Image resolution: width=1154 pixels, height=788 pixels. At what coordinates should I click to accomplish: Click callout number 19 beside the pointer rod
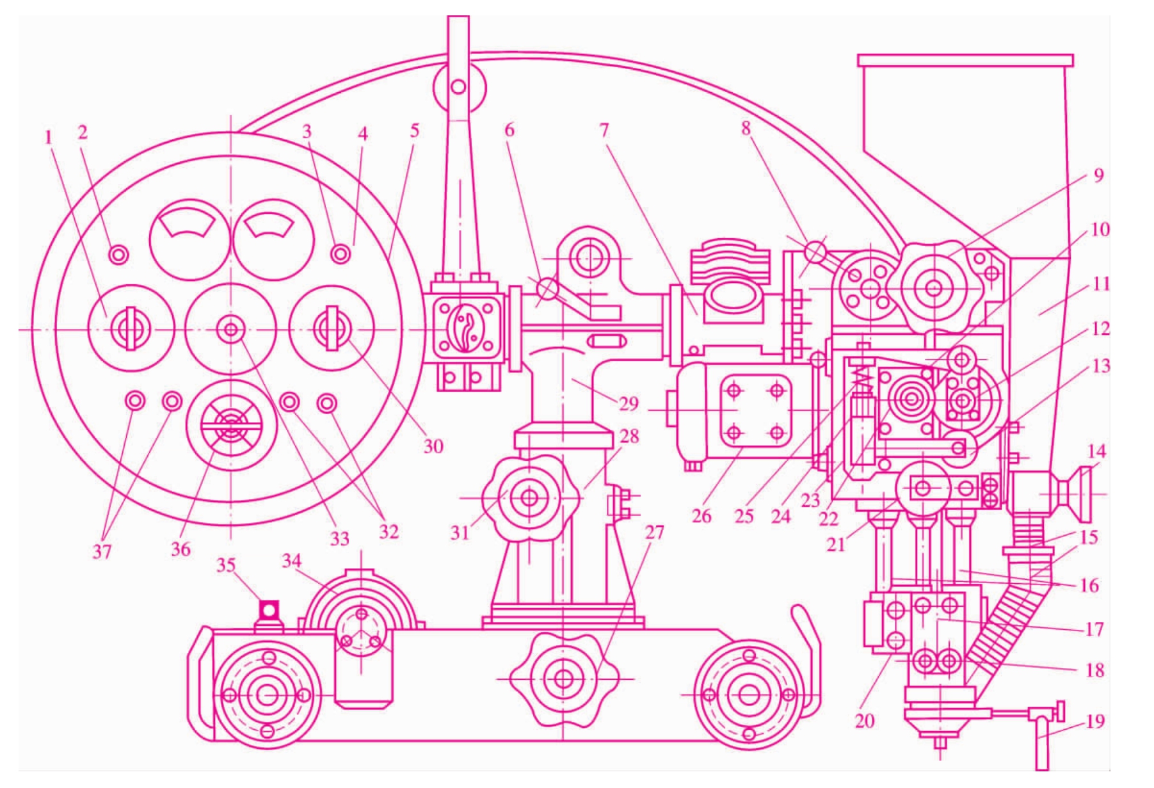click(1095, 721)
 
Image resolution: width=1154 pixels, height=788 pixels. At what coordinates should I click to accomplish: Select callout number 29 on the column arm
click(629, 403)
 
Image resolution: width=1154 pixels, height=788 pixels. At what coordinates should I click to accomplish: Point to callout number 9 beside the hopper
click(1098, 175)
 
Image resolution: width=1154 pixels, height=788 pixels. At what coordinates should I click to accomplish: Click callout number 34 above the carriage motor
click(291, 561)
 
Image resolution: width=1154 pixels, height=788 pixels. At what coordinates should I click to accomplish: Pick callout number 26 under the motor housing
click(701, 516)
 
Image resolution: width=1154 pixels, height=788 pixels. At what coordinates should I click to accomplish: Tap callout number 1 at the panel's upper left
click(48, 136)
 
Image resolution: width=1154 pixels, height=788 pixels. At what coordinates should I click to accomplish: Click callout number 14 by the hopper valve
click(1096, 451)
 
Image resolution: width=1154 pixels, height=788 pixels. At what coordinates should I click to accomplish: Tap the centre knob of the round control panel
click(230, 330)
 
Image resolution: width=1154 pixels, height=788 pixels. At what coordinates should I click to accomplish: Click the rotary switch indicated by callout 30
click(331, 328)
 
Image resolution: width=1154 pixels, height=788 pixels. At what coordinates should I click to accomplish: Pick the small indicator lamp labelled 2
click(118, 254)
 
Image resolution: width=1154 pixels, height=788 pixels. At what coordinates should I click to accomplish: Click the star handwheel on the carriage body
click(563, 679)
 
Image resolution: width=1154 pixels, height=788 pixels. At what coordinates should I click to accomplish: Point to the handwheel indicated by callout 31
click(529, 497)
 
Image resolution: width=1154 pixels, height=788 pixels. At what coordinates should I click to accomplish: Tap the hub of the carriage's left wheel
click(268, 695)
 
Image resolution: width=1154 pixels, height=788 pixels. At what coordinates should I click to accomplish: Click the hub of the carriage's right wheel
click(749, 695)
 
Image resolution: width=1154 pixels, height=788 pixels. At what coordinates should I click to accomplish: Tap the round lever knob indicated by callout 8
click(815, 252)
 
